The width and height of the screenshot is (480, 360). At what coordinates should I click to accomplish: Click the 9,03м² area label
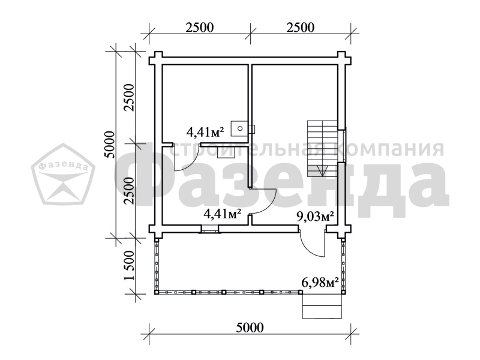(x=315, y=217)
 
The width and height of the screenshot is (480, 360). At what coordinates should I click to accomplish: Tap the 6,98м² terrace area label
(x=320, y=283)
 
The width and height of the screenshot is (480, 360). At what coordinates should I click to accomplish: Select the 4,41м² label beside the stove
(x=205, y=132)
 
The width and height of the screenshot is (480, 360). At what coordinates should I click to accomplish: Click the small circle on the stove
(x=241, y=128)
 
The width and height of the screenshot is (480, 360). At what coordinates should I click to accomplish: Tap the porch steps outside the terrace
(x=322, y=305)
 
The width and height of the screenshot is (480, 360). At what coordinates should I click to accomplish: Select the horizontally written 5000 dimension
(x=250, y=328)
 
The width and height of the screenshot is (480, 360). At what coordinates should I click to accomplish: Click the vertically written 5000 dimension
(x=109, y=145)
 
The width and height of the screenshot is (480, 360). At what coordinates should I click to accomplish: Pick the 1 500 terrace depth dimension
(x=130, y=265)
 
